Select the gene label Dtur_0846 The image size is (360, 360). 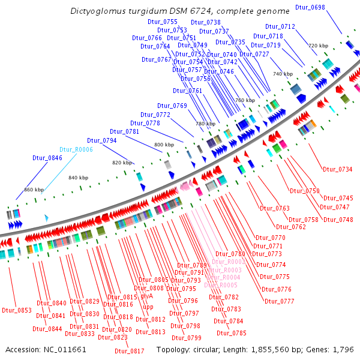(x=47, y=158)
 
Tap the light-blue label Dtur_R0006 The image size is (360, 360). (x=76, y=149)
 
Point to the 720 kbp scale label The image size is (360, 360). (x=318, y=46)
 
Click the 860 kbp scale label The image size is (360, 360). (x=34, y=190)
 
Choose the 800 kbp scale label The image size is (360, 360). (x=164, y=145)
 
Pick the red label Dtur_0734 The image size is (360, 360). (x=337, y=169)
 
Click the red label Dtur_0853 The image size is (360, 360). (x=16, y=310)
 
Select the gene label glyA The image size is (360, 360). (x=147, y=296)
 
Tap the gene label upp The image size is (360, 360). (x=148, y=307)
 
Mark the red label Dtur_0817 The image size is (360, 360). (x=129, y=351)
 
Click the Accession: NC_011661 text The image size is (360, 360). (x=46, y=349)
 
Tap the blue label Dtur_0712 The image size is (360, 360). (x=280, y=26)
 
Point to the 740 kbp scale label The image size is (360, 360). (x=283, y=74)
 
